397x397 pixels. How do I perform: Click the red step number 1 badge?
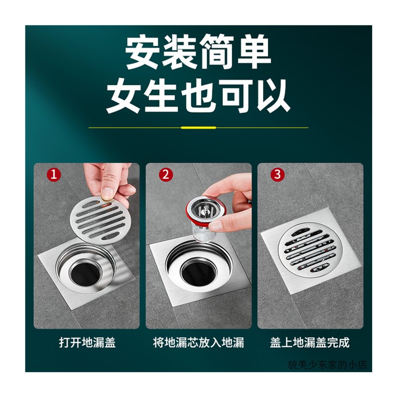(x=54, y=175)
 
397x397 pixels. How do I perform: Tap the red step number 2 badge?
(x=166, y=175)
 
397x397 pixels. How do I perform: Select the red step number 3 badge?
(x=277, y=175)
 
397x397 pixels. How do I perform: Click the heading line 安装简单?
(x=198, y=53)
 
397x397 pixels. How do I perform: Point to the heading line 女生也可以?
(x=198, y=96)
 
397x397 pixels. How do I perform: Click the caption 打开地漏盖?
(x=87, y=342)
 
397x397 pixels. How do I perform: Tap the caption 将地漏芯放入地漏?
(x=198, y=342)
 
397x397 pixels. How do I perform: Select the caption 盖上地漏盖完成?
(x=310, y=342)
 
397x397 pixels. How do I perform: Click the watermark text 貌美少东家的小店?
(x=327, y=365)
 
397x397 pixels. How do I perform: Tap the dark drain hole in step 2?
(x=199, y=271)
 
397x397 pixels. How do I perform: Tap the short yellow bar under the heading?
(x=198, y=128)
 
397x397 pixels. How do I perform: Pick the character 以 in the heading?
(x=272, y=96)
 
